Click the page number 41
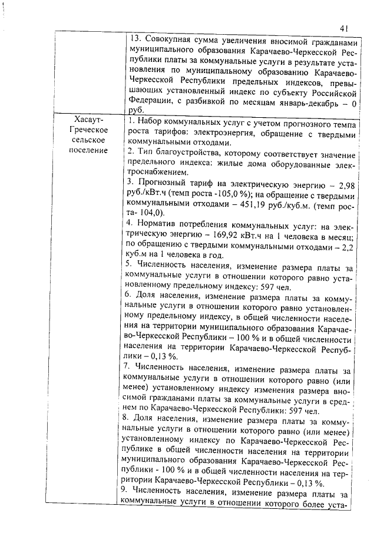point(345,28)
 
